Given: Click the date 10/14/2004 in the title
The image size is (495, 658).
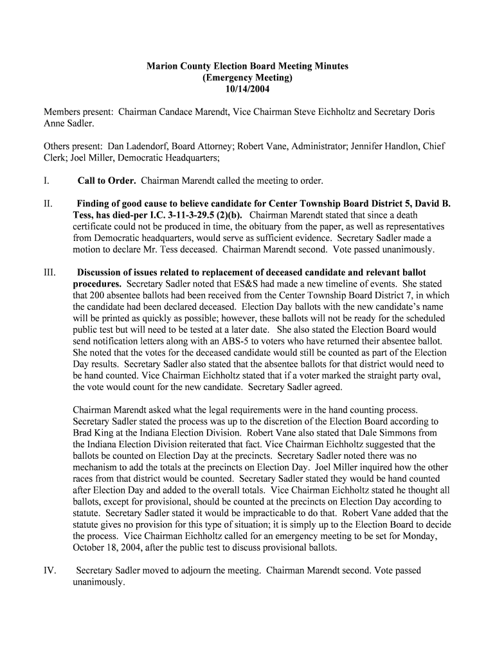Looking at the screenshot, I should tap(248, 89).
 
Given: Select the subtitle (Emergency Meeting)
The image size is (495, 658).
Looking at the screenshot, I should tap(248, 78).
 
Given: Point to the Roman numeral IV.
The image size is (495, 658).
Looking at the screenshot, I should tap(51, 570).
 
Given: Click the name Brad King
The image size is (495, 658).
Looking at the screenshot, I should tap(93, 433).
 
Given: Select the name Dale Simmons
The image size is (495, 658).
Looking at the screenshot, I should tap(367, 433).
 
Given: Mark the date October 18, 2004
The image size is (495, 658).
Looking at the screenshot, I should tap(114, 547).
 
